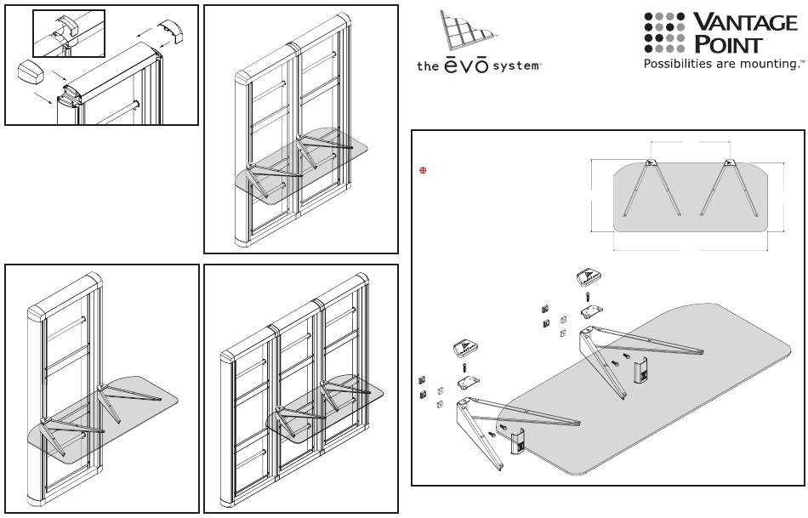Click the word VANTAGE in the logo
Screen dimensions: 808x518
745,23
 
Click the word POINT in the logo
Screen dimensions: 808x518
727,44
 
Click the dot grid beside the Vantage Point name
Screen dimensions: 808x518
664,32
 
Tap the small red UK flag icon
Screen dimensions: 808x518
423,170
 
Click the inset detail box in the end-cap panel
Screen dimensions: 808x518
69,33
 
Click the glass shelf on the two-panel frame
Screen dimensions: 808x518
301,166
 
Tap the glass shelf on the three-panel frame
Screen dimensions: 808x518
325,408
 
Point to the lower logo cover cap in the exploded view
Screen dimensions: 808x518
467,349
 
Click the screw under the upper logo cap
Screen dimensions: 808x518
588,298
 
